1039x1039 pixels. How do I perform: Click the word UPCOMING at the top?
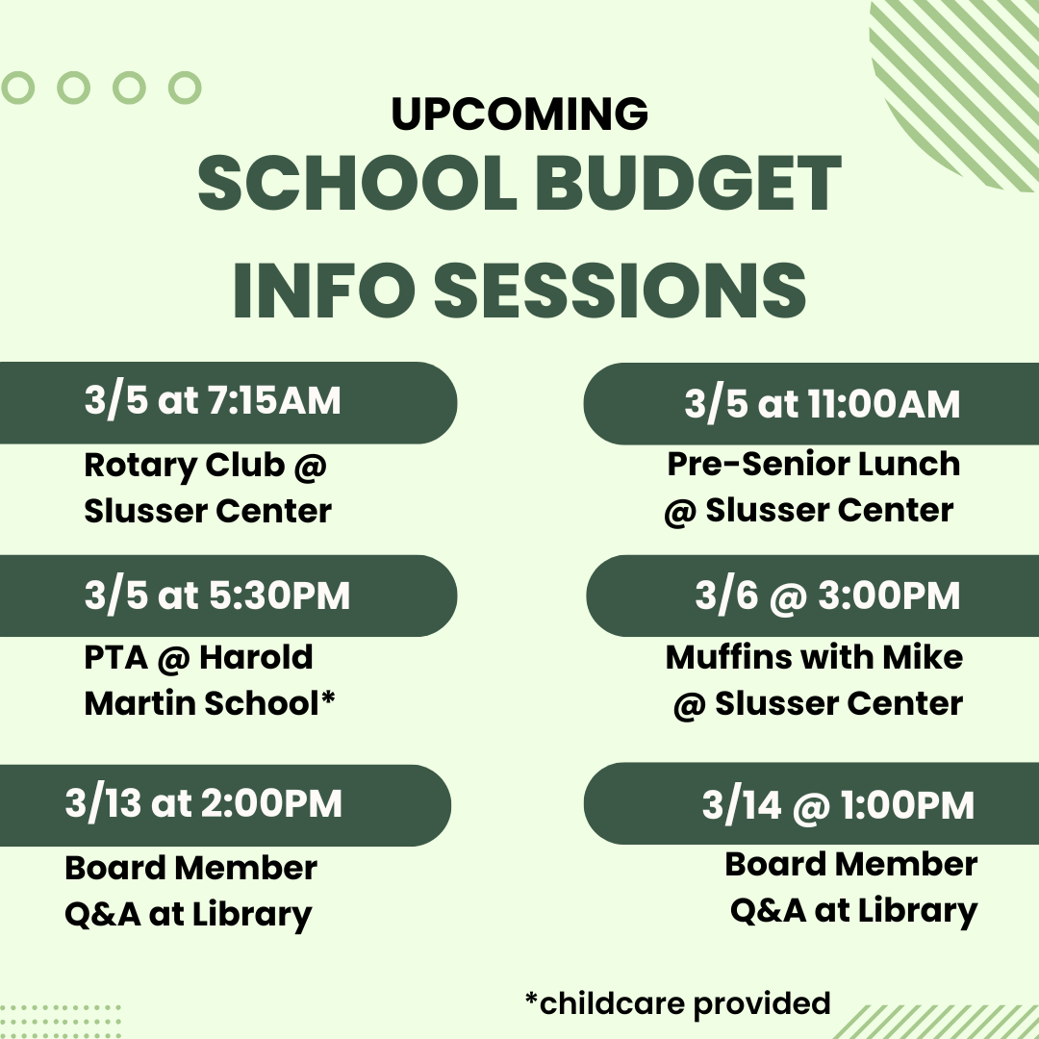point(519,114)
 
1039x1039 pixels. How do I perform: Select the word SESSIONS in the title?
point(621,288)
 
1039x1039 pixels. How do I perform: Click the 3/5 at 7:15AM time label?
point(213,401)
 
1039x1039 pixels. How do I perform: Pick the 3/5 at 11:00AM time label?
point(822,404)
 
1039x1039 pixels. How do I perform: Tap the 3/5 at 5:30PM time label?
point(217,596)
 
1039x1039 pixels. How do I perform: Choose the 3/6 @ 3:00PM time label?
point(827,596)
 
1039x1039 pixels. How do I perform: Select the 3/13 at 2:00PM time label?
point(204,804)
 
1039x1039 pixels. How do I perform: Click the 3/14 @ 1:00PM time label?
point(837,805)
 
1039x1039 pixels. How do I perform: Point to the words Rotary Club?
point(184,466)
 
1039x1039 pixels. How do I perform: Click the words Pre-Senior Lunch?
point(814,464)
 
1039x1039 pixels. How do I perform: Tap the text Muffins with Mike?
point(814,658)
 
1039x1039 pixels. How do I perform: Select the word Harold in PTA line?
point(256,658)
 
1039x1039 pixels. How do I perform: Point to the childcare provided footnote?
point(677,1003)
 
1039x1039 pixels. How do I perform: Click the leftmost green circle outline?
point(17,88)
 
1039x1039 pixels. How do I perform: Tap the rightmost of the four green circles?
point(184,88)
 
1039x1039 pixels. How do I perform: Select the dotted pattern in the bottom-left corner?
point(58,1020)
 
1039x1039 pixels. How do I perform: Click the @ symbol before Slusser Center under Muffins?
point(689,705)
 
